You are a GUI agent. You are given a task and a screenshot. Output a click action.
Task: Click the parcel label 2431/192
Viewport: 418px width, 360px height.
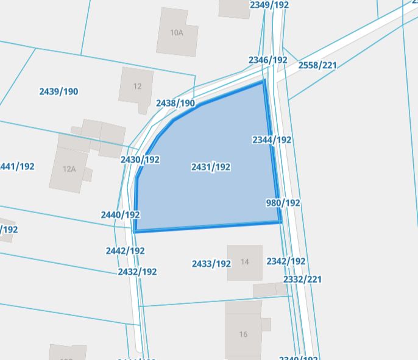(x=210, y=167)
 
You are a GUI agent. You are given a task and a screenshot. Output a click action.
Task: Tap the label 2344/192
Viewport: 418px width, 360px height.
(x=272, y=139)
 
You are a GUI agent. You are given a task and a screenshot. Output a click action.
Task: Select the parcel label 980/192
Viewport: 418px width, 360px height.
(x=283, y=202)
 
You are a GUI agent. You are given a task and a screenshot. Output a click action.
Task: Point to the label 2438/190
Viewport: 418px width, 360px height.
(x=175, y=103)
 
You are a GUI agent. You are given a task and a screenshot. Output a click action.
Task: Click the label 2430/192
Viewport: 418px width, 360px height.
(x=140, y=160)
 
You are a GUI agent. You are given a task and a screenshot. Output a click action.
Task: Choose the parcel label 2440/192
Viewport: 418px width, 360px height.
(x=121, y=214)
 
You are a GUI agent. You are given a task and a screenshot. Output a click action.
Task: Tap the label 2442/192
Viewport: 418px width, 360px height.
(x=125, y=250)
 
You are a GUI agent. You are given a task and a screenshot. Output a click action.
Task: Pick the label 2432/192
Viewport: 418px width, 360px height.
(x=137, y=272)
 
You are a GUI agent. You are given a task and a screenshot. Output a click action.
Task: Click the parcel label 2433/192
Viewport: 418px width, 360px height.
(x=211, y=264)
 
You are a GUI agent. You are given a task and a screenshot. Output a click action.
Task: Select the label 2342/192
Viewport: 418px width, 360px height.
(x=286, y=261)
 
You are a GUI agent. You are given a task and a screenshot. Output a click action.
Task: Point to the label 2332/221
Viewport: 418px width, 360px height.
(x=302, y=279)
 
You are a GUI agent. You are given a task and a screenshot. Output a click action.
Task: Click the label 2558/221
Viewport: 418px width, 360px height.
(x=317, y=65)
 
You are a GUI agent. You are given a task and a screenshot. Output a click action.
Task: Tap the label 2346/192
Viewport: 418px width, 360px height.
(x=268, y=60)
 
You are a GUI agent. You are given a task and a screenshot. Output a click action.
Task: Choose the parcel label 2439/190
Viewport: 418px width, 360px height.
(x=58, y=91)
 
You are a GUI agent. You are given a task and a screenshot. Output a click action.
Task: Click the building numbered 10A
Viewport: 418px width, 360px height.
(x=177, y=33)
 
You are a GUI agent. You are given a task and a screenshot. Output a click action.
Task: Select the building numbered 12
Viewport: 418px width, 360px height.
(x=137, y=86)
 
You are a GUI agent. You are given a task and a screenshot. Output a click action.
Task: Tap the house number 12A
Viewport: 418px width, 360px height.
(x=69, y=169)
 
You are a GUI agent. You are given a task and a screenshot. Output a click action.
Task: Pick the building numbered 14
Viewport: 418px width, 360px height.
(x=245, y=262)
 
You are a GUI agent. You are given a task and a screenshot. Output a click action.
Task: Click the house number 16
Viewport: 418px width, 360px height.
(x=244, y=334)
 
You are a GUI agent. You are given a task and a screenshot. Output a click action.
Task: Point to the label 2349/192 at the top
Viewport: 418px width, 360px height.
(x=269, y=5)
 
